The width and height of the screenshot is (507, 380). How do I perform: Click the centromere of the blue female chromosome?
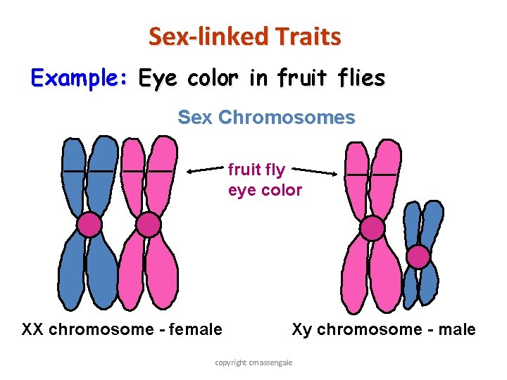click(89, 224)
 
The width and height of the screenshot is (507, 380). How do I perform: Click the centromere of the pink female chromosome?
click(148, 224)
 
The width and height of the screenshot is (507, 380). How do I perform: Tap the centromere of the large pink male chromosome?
click(373, 228)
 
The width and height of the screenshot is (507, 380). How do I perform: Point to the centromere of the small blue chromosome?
click(419, 257)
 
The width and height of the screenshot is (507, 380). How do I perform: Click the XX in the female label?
click(34, 329)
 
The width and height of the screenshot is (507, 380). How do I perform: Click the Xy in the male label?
click(301, 329)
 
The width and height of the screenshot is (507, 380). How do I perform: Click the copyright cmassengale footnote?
click(254, 362)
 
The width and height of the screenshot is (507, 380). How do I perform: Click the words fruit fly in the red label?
click(256, 170)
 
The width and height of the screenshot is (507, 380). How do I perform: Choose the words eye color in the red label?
click(265, 190)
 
